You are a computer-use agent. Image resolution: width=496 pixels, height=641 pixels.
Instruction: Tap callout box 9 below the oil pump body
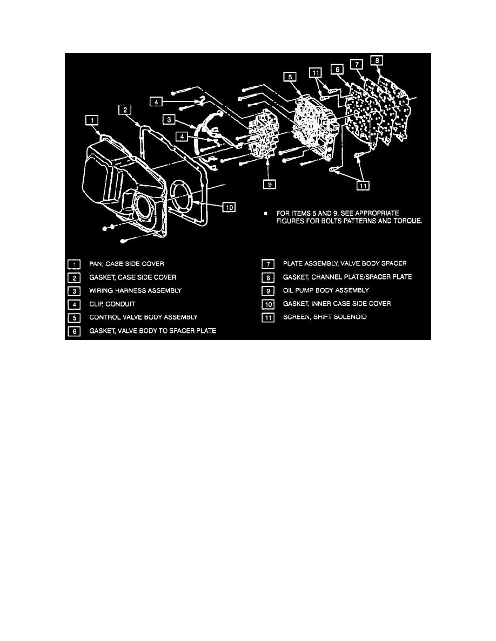(x=268, y=185)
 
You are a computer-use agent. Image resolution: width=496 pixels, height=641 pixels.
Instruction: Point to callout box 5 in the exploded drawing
(x=291, y=78)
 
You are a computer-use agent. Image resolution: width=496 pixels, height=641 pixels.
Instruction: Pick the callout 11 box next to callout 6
(x=316, y=73)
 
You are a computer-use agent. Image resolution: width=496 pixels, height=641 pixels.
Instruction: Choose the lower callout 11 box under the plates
(x=362, y=186)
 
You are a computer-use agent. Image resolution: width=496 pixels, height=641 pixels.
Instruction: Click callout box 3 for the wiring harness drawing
(x=170, y=119)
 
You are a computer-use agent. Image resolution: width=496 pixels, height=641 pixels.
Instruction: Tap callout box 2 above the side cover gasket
(x=125, y=111)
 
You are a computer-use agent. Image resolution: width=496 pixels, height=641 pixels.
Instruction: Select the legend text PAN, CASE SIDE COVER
(x=126, y=264)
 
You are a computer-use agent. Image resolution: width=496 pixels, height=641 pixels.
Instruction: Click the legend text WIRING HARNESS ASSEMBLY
(x=135, y=290)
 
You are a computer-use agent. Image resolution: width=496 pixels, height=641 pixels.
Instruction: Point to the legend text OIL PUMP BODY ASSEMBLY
(x=326, y=290)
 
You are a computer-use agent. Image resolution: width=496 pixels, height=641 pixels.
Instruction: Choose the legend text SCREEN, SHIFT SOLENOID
(x=325, y=317)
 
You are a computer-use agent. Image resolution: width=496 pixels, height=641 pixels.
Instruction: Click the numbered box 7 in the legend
(x=269, y=264)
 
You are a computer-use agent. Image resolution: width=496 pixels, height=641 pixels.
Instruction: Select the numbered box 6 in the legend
(x=74, y=330)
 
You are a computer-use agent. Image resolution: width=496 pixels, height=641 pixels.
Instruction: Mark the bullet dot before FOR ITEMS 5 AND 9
(x=266, y=214)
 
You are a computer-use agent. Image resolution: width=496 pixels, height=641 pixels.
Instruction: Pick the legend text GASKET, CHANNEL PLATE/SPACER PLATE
(x=347, y=277)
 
